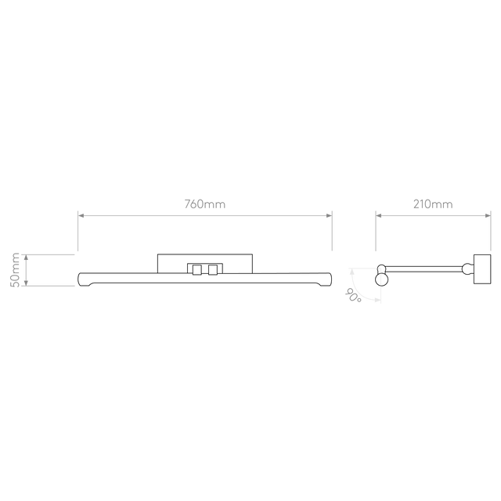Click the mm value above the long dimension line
click(x=205, y=204)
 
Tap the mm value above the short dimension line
click(x=433, y=204)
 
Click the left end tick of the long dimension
click(x=77, y=231)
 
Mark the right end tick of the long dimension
click(x=332, y=231)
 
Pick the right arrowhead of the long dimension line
click(x=326, y=214)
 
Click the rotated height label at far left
click(x=14, y=270)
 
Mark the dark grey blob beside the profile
click(x=348, y=294)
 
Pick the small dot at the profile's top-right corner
click(x=381, y=269)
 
